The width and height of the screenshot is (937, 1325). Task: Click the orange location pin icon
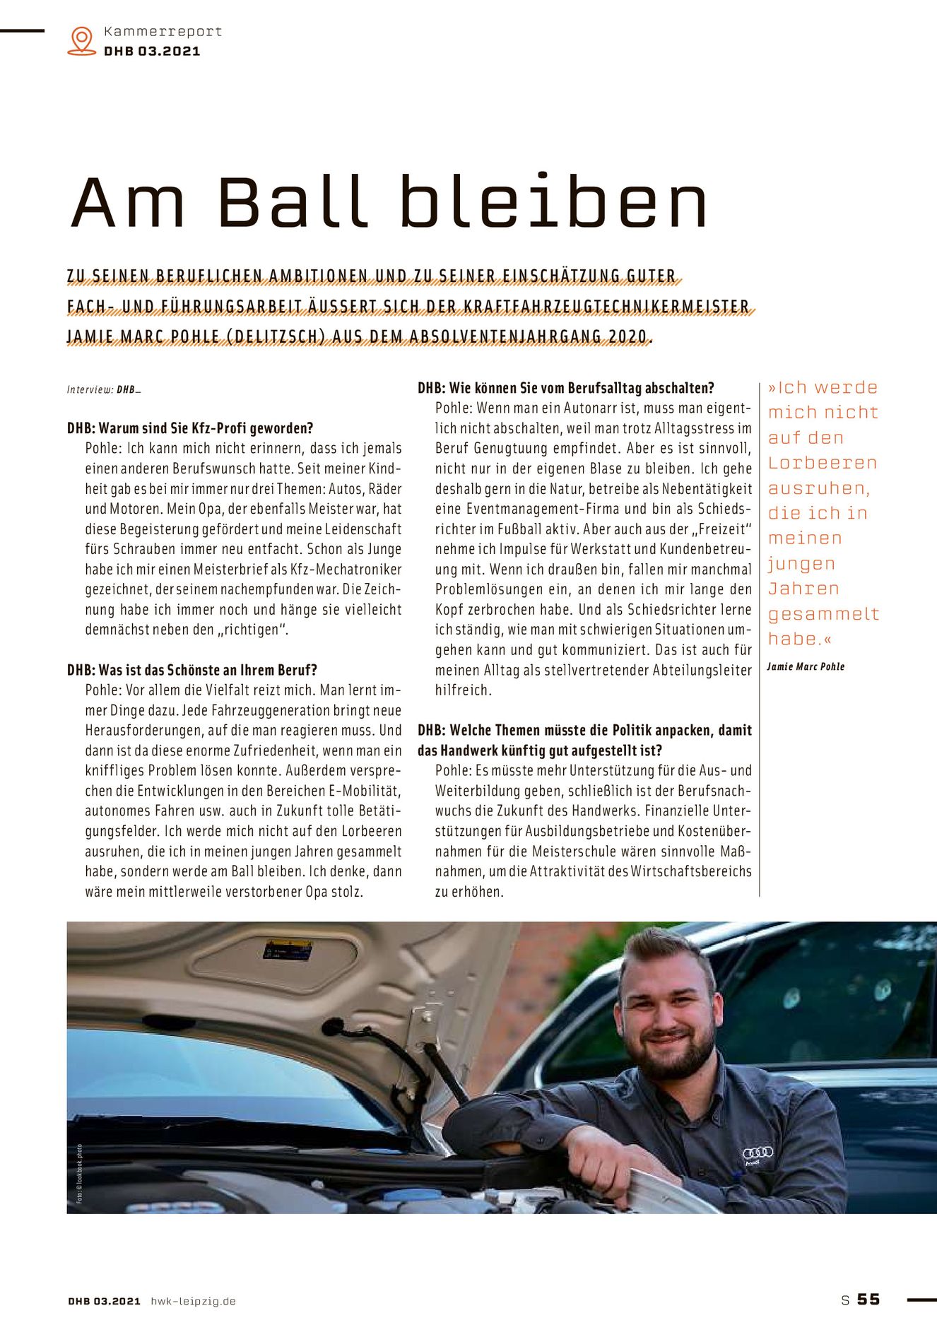[x=82, y=40]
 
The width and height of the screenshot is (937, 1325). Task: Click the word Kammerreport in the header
[x=163, y=31]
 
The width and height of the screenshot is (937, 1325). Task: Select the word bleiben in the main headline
[x=553, y=202]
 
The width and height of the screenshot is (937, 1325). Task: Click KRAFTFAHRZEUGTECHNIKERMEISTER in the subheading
[x=606, y=307]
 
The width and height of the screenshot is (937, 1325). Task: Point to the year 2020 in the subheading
[x=627, y=337]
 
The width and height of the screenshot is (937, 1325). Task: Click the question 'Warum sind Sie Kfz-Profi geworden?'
[x=190, y=428]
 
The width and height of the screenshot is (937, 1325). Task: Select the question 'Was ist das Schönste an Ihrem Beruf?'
[x=192, y=670]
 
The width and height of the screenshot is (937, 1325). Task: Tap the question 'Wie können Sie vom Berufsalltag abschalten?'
[x=566, y=388]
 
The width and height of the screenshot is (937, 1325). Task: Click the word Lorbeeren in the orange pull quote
[x=823, y=463]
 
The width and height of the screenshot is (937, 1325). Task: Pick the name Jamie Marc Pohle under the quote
[x=806, y=666]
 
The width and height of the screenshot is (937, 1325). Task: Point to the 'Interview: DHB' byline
[x=104, y=389]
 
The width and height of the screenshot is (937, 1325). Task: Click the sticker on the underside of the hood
[x=288, y=949]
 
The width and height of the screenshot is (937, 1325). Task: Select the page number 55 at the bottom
[x=868, y=1299]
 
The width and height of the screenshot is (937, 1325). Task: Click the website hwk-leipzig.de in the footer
[x=193, y=1301]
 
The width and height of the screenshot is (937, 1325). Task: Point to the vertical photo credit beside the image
[x=80, y=1173]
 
